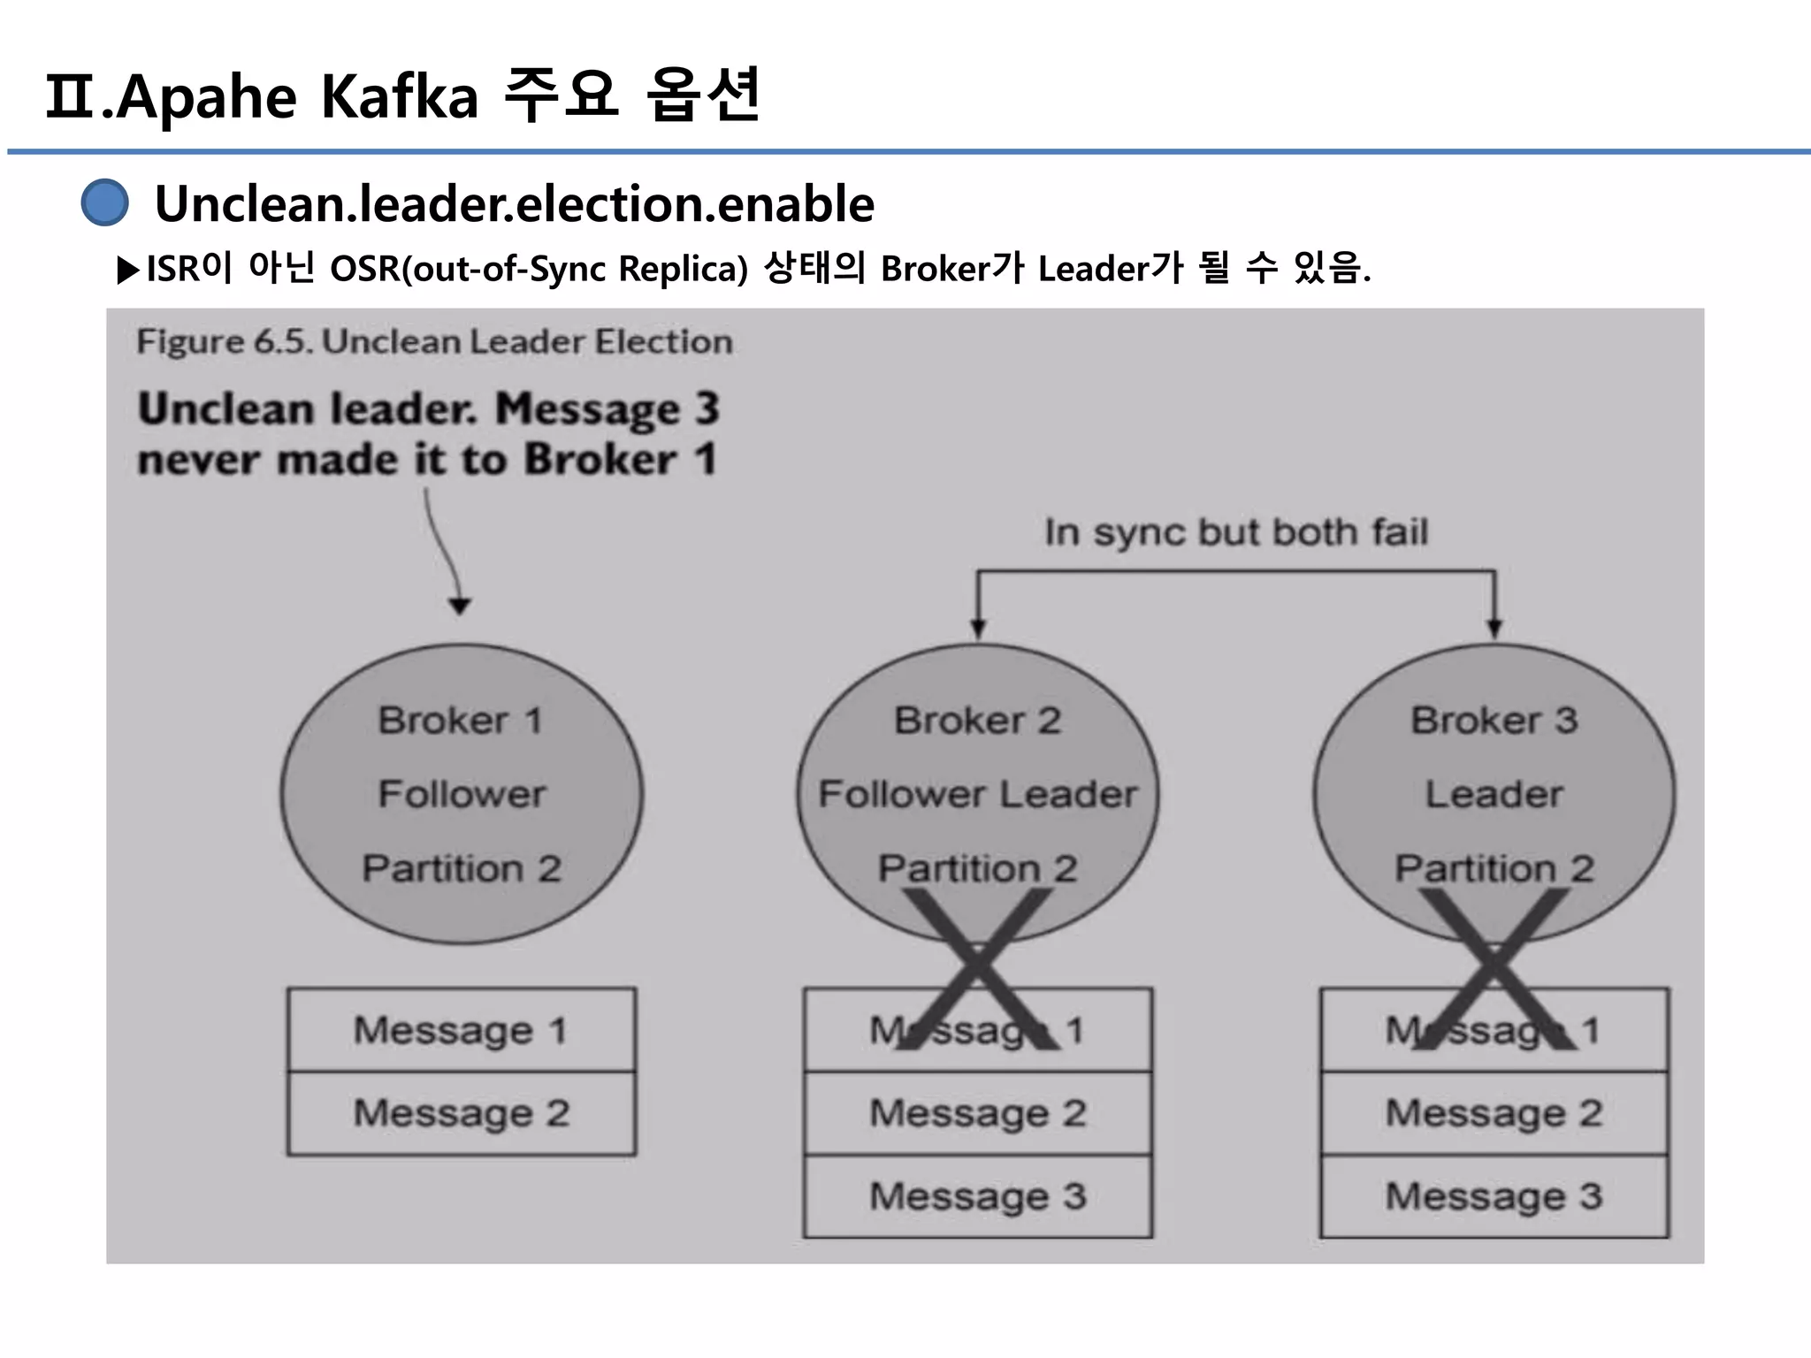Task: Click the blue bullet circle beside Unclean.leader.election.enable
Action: pyautogui.click(x=104, y=202)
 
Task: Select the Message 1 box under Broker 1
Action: pyautogui.click(x=461, y=1030)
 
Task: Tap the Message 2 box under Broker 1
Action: pyautogui.click(x=461, y=1113)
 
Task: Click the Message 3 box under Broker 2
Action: pyautogui.click(x=977, y=1196)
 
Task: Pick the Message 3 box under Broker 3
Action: pyautogui.click(x=1494, y=1196)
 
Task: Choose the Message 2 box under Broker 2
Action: pyautogui.click(x=977, y=1113)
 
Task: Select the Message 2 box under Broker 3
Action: pyautogui.click(x=1494, y=1113)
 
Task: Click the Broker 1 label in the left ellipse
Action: pyautogui.click(x=460, y=721)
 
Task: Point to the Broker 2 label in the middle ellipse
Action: pyautogui.click(x=977, y=721)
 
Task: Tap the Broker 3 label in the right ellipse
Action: pyautogui.click(x=1494, y=721)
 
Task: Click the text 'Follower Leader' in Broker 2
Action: pyautogui.click(x=977, y=794)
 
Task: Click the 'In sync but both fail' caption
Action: pyautogui.click(x=1236, y=532)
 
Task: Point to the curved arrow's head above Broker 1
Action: pyautogui.click(x=459, y=606)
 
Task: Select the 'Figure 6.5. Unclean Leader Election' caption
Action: pyautogui.click(x=434, y=342)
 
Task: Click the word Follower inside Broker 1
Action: pyautogui.click(x=462, y=794)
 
